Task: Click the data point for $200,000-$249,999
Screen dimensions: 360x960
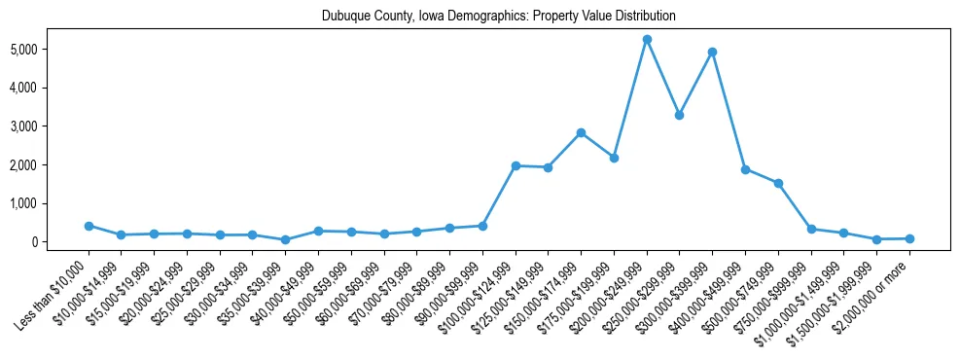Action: (647, 39)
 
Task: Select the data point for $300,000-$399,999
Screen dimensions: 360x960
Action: (713, 52)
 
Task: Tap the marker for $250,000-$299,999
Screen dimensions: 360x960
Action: (680, 115)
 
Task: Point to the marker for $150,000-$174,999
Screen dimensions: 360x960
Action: (581, 132)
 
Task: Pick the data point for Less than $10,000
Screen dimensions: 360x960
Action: (89, 226)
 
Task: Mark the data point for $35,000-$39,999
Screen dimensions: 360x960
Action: (285, 239)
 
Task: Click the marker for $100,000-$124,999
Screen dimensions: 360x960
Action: (516, 165)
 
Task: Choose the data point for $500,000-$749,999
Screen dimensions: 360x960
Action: (778, 183)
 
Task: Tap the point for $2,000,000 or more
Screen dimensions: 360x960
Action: (909, 238)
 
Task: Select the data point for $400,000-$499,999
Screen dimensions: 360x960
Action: (745, 169)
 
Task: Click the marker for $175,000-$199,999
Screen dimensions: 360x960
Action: (614, 158)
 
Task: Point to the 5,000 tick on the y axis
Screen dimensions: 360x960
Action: (50, 49)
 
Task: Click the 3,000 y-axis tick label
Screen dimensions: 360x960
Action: (50, 126)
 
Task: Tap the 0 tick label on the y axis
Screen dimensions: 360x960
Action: (61, 242)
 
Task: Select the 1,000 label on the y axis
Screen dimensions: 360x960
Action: (50, 203)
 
